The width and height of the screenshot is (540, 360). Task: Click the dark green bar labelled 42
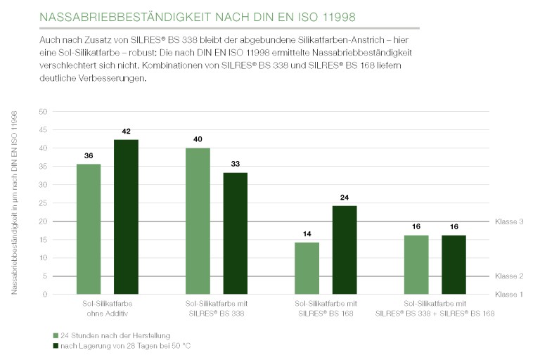click(126, 217)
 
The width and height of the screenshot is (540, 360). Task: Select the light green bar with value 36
click(89, 229)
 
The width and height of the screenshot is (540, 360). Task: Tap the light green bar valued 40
click(198, 221)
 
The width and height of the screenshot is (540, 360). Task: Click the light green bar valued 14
click(307, 268)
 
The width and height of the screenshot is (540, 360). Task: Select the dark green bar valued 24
click(345, 250)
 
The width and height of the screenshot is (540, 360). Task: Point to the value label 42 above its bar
click(126, 131)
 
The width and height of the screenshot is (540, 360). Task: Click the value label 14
click(307, 233)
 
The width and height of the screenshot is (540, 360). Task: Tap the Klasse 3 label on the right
click(508, 221)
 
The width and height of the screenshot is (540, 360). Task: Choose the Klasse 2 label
click(508, 276)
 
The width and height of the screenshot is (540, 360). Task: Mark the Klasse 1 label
click(508, 294)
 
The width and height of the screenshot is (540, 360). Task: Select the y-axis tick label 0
click(44, 295)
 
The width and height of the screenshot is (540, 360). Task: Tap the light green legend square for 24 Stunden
click(56, 335)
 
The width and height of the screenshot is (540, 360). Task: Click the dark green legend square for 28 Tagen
click(56, 346)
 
